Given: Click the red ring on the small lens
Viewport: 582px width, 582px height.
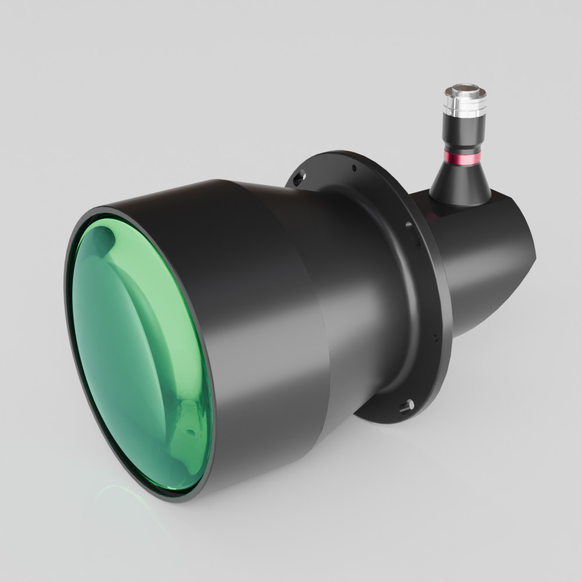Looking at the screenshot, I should (x=462, y=158).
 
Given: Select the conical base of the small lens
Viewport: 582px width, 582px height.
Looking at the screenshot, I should (x=460, y=183).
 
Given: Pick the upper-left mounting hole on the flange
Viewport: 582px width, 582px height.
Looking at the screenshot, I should (x=299, y=176).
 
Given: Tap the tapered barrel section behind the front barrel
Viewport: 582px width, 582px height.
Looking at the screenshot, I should (x=349, y=291).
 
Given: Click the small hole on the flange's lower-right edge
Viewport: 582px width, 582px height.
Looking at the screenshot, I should (x=435, y=336).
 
